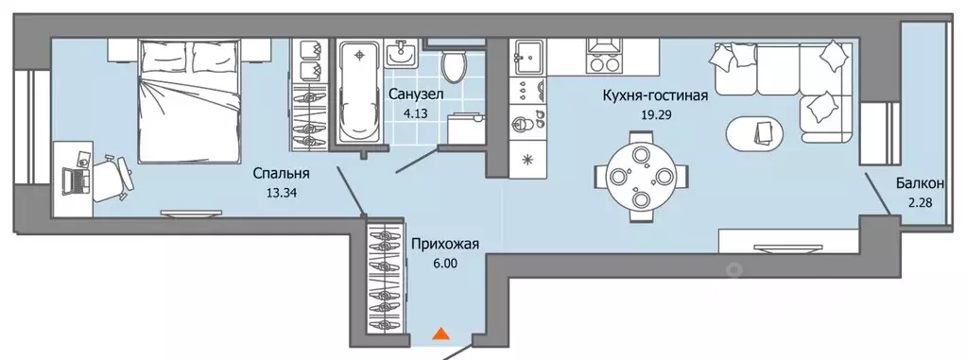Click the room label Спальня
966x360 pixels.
281,174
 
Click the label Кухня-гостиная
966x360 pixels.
655,94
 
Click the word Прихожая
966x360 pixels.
444,246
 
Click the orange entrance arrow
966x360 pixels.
440,333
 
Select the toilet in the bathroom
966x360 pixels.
455,66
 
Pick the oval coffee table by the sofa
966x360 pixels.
755,133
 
